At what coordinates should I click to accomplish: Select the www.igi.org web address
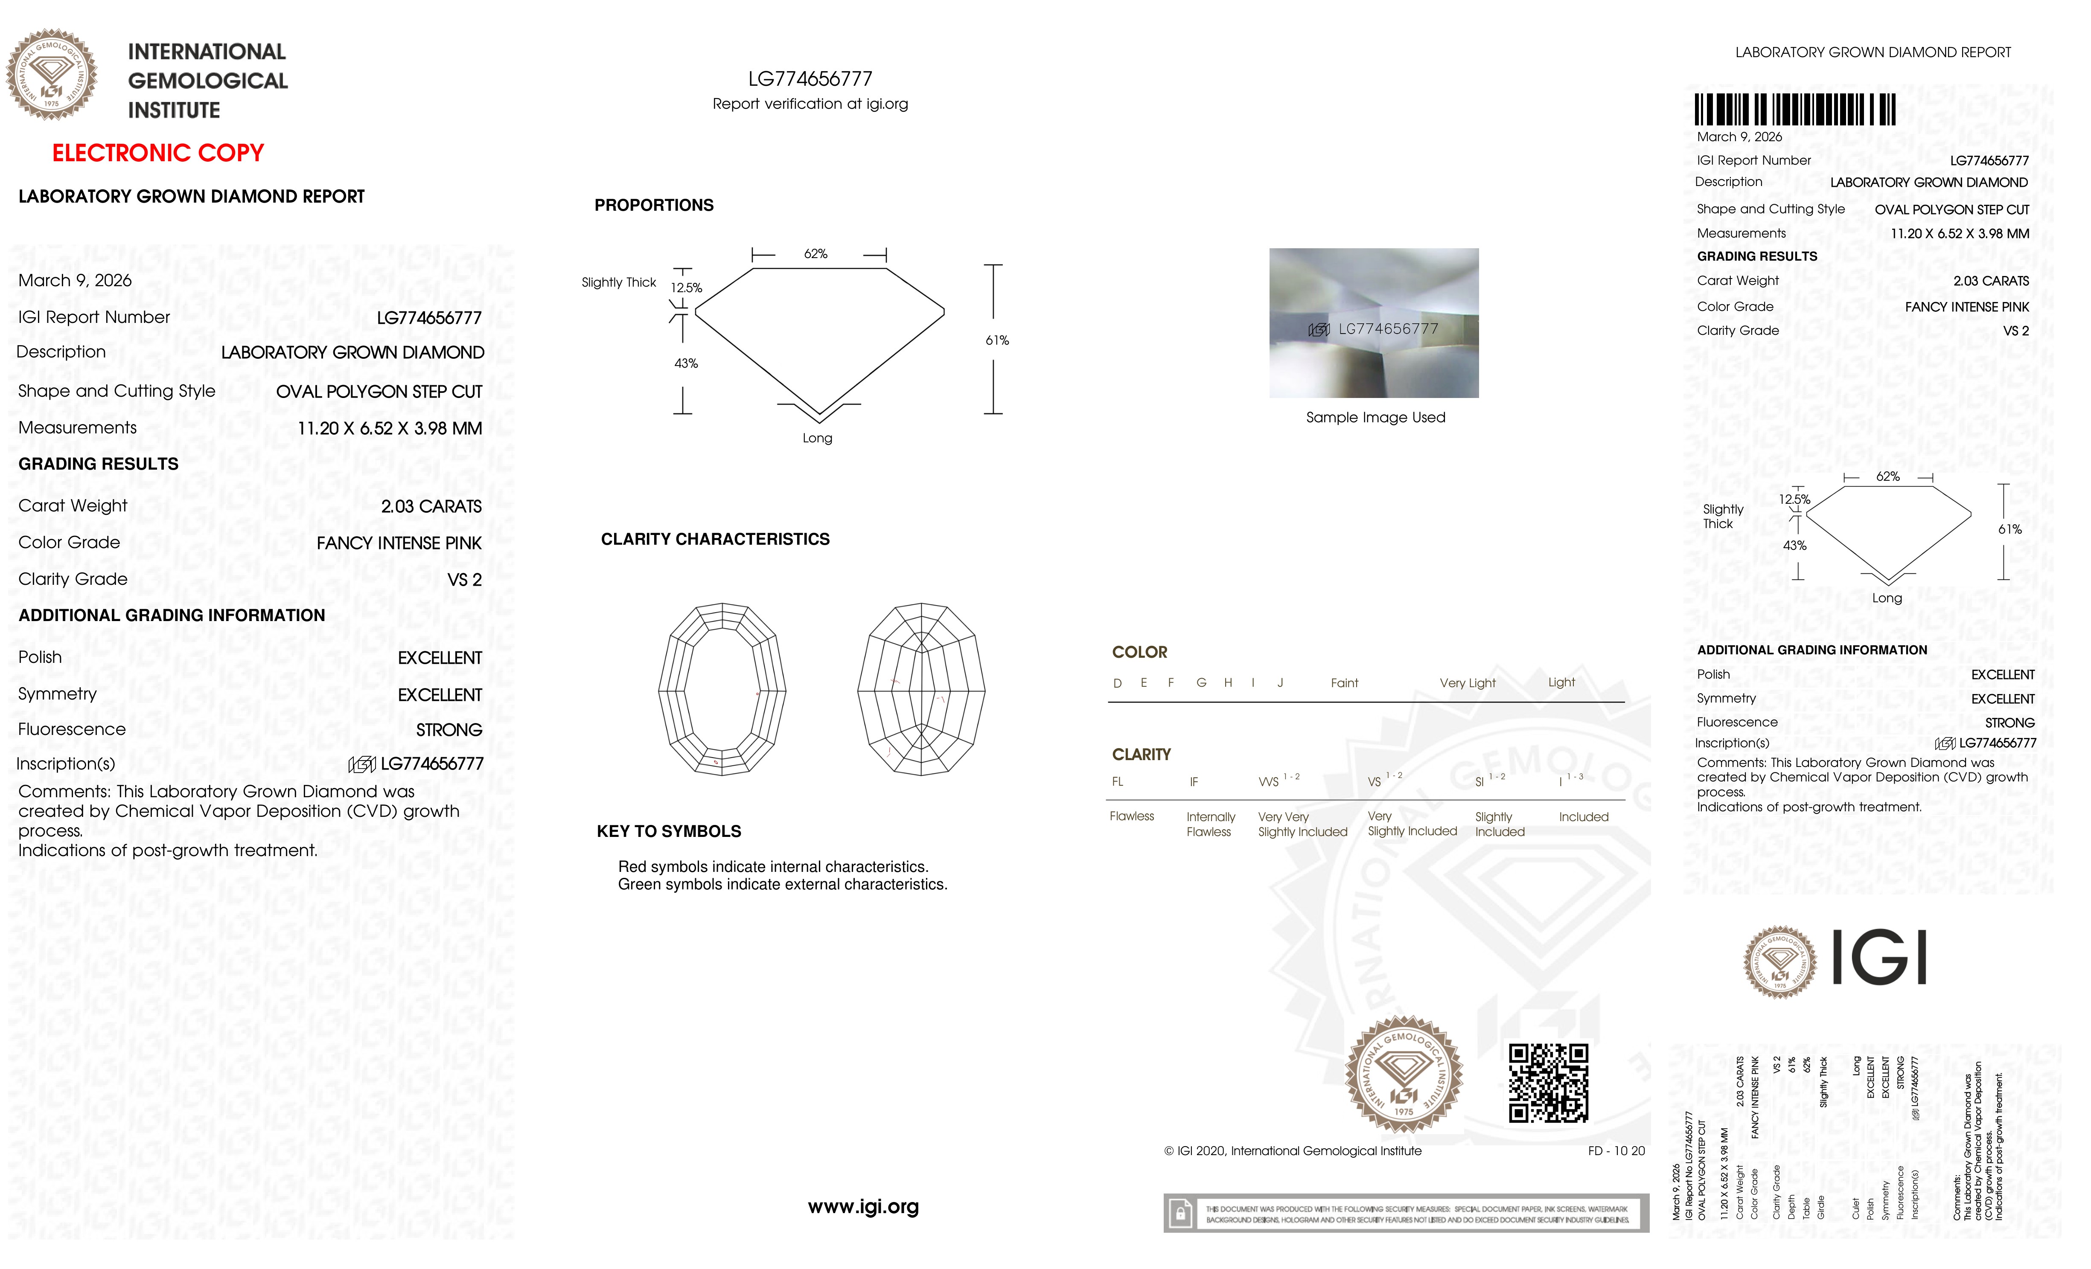[863, 1206]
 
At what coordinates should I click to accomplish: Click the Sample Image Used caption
[1375, 417]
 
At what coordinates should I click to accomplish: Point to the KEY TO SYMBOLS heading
[669, 831]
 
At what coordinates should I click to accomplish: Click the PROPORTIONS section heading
[653, 205]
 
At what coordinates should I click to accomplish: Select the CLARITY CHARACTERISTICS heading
[714, 540]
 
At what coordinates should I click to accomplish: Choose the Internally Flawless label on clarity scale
[1210, 824]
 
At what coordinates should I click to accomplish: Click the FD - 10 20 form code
[1616, 1151]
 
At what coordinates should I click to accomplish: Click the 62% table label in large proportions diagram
[815, 254]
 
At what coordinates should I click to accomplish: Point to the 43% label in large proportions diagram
[686, 363]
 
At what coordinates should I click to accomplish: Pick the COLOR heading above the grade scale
[1139, 652]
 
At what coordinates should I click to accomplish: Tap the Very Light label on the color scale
[1467, 683]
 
